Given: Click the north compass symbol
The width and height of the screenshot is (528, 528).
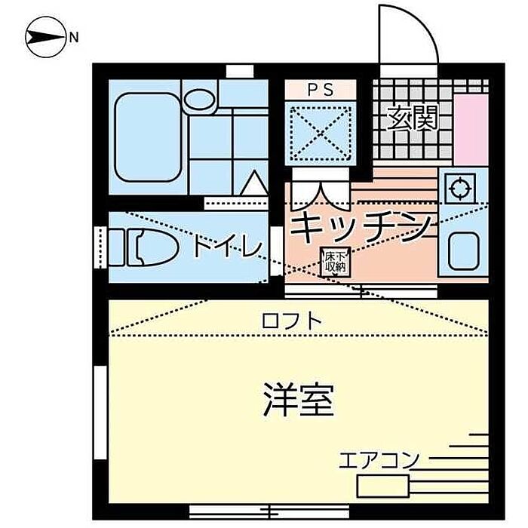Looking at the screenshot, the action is tap(45, 35).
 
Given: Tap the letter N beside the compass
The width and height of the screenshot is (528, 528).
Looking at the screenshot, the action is tap(73, 35).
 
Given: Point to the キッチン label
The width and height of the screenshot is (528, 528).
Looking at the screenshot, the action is tap(361, 226).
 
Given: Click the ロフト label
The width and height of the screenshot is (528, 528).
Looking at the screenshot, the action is tap(292, 321).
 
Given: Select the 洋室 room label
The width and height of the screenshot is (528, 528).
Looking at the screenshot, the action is tap(299, 400).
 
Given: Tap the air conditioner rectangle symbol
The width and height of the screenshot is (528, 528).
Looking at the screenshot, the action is tap(382, 485).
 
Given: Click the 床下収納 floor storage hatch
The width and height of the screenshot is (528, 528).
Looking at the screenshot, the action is tap(335, 261).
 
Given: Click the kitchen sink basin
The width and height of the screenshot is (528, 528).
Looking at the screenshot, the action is tap(462, 250).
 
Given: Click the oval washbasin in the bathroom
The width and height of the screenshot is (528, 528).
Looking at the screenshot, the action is tap(200, 99).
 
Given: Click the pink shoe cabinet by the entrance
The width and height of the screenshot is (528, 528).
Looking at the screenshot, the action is tap(471, 129).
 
